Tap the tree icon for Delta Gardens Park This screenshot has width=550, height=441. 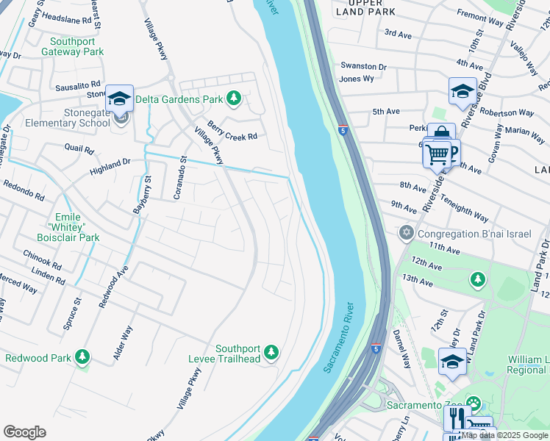point(234,98)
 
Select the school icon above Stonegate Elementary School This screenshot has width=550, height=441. point(119,98)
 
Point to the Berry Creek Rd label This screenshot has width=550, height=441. point(232,131)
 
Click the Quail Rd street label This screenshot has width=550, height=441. point(79,150)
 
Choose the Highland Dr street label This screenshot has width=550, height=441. point(110,166)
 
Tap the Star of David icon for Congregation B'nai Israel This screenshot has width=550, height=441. point(405,234)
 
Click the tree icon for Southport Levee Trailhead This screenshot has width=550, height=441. point(271,354)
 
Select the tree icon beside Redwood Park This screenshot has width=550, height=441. point(82,357)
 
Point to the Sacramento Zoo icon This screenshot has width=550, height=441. point(473,404)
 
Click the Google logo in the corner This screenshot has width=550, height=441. point(24,432)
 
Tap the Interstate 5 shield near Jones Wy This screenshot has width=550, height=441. point(343,130)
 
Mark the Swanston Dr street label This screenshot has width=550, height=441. point(362,66)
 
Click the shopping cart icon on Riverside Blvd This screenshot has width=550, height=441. point(438,154)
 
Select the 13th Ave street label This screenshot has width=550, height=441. point(418,279)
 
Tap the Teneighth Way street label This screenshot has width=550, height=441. point(460,212)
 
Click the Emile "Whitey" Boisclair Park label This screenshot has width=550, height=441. point(68,227)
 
